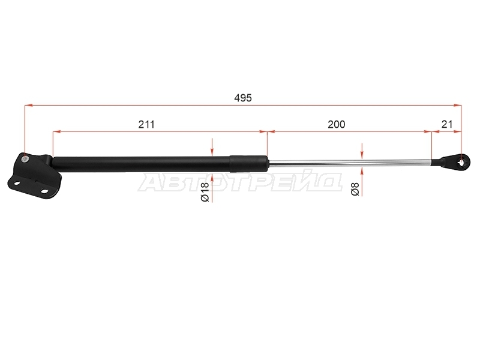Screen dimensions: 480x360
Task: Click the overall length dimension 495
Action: coord(243,98)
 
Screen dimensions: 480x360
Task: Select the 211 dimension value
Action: coord(146,124)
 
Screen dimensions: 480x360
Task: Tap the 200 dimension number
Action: coord(337,124)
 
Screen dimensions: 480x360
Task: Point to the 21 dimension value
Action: coord(447,124)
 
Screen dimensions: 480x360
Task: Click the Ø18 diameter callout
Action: coord(205,191)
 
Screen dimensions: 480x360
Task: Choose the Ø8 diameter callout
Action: coord(355,188)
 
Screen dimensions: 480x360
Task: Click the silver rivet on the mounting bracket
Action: coord(25,158)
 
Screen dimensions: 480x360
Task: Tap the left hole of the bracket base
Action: coord(17,184)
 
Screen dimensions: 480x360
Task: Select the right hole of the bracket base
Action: coord(44,191)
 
